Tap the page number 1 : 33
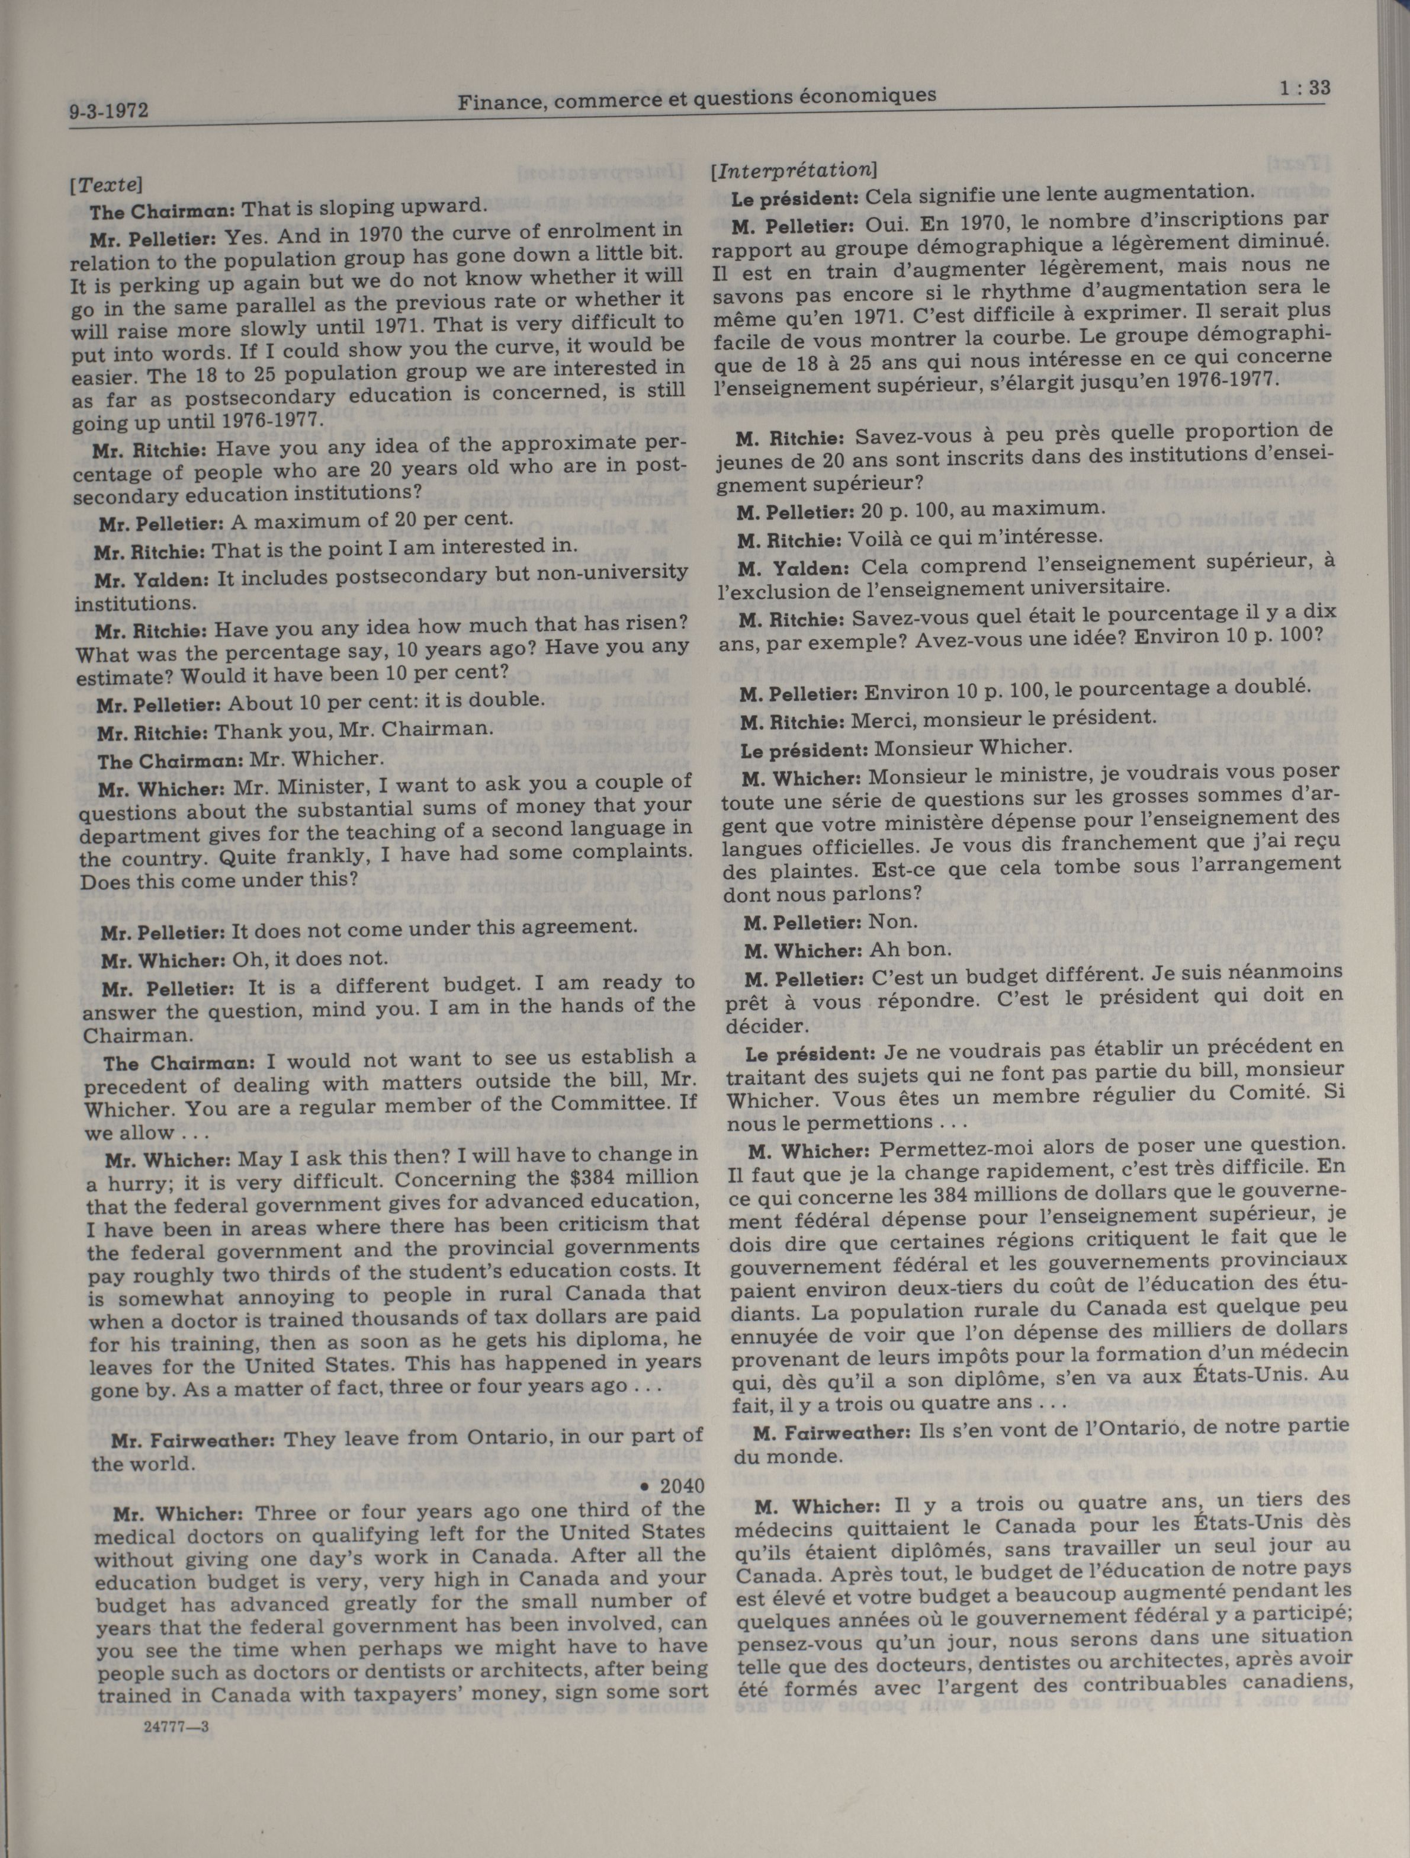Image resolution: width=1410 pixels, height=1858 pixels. point(1304,87)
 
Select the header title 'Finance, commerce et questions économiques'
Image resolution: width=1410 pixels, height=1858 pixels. point(696,99)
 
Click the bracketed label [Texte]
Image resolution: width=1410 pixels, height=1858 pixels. point(106,183)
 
